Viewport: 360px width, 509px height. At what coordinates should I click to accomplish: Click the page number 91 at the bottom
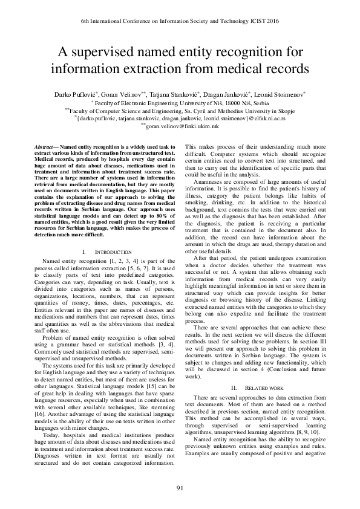[180, 488]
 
